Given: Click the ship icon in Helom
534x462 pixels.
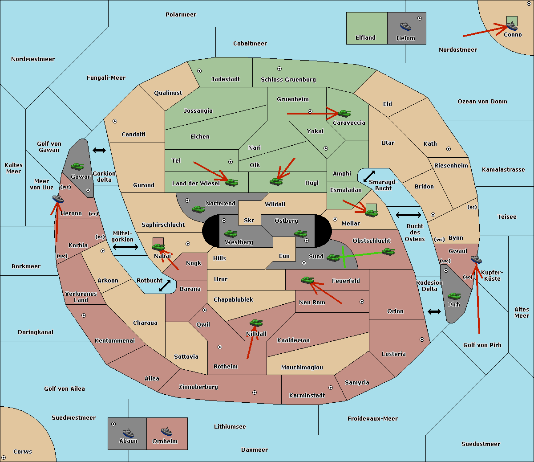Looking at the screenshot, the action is coord(405,26).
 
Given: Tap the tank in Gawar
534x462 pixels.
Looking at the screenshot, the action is coord(77,166).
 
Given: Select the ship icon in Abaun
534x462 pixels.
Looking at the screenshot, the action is coord(128,433).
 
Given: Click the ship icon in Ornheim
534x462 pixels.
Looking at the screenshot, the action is coord(166,431).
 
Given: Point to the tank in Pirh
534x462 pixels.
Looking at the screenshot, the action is coord(454,296).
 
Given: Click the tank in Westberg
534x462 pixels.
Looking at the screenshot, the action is coord(231,233).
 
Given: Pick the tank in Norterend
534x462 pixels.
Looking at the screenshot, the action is coord(198,209).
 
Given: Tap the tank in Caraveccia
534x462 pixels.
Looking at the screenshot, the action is coord(344,113).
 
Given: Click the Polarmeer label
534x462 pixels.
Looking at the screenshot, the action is coord(181,15).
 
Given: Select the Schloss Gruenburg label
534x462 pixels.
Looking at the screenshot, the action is coord(288,79).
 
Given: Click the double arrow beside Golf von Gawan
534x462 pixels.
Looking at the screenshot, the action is coord(99,150).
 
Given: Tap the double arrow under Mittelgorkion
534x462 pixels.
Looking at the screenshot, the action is coord(125,247).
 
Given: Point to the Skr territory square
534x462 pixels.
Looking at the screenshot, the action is coord(249,213).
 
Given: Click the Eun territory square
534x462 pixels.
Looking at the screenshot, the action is coord(284,249).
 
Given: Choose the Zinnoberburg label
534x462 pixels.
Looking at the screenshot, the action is coord(198,387).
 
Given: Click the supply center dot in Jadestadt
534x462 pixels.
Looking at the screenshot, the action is coord(199,71).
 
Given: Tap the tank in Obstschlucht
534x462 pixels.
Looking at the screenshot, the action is coord(388,251).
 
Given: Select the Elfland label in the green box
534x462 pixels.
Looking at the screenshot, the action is coord(365,38).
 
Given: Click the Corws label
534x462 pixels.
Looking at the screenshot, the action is coord(23,451).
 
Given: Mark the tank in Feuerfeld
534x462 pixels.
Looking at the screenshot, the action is coord(307,280).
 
